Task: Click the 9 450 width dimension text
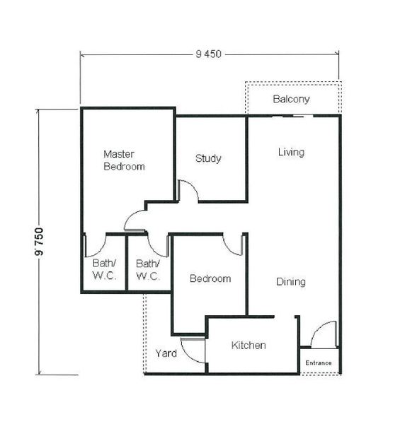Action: [208, 54]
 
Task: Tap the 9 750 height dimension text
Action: [39, 242]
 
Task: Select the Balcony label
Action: [291, 99]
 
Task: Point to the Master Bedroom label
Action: [124, 160]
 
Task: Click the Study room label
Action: [208, 158]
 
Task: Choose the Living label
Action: [291, 152]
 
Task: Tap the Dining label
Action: [291, 282]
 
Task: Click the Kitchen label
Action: [248, 346]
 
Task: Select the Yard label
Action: [166, 353]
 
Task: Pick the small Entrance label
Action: [319, 363]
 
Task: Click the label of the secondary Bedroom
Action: [210, 278]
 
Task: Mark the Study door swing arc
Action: [193, 186]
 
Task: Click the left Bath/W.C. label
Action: [105, 269]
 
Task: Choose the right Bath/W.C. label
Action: [148, 270]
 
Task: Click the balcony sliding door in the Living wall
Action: [292, 117]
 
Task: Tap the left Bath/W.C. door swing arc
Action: [100, 250]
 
